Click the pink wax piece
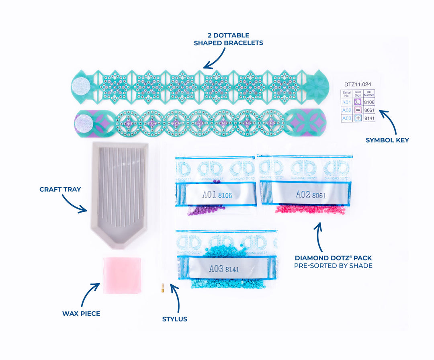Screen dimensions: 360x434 click(x=122, y=275)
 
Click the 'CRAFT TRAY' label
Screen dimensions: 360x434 click(x=60, y=189)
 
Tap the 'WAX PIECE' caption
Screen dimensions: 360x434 click(x=81, y=313)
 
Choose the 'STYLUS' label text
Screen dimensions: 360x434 click(x=174, y=319)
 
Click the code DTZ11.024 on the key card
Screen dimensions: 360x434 click(x=357, y=84)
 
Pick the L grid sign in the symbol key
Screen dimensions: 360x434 click(x=358, y=102)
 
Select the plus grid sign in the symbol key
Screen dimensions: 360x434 click(x=358, y=118)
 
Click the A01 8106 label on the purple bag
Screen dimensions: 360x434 click(x=217, y=195)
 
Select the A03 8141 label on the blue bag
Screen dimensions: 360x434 click(x=224, y=268)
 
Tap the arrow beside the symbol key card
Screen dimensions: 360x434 click(x=388, y=121)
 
